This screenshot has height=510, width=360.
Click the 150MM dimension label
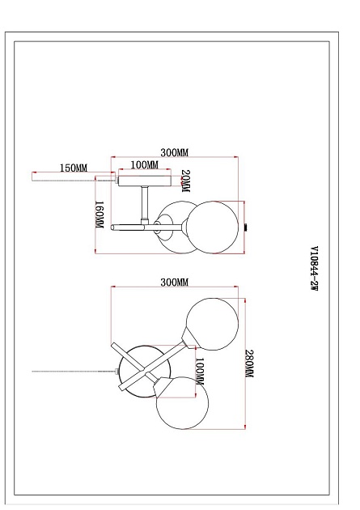(74, 168)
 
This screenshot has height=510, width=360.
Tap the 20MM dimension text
(185, 181)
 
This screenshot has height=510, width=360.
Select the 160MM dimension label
(99, 215)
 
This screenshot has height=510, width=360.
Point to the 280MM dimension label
(249, 363)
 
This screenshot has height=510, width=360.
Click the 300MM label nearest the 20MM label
(175, 152)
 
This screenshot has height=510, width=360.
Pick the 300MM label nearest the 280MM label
(175, 282)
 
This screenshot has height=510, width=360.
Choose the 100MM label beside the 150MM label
(145, 165)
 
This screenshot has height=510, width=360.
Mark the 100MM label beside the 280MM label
(199, 372)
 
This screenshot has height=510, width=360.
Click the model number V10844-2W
(314, 269)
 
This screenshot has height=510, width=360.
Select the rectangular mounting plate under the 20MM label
(144, 181)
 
